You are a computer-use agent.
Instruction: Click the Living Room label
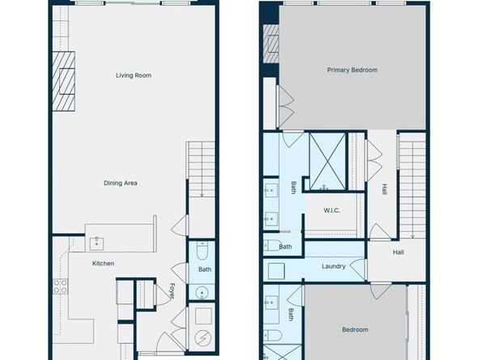point(134,76)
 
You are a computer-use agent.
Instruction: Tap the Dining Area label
point(120,183)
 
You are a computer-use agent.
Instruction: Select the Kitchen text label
point(103,264)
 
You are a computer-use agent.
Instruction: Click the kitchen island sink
point(96,240)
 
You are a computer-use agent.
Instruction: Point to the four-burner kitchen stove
point(60,286)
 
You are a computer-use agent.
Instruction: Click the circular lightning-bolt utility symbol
point(203,338)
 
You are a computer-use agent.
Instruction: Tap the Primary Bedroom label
point(352,70)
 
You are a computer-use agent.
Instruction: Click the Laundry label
point(334,266)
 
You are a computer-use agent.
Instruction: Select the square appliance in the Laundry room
point(275,269)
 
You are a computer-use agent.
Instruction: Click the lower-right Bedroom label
point(355,329)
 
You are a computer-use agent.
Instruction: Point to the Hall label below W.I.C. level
point(398,252)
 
